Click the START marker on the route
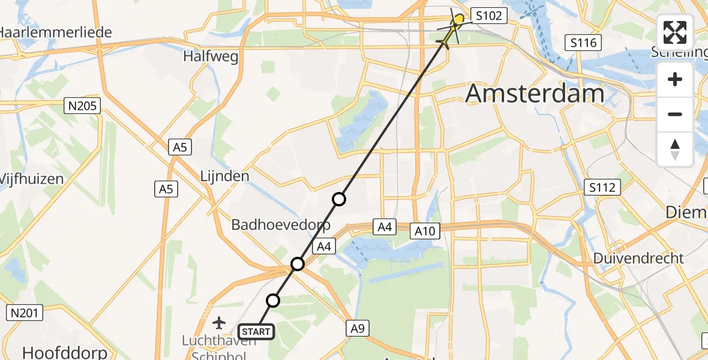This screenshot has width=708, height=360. click(x=256, y=331)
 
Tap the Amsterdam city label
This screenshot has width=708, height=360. click(x=535, y=94)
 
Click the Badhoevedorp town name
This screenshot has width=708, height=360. click(x=281, y=226)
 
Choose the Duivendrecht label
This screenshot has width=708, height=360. click(x=638, y=258)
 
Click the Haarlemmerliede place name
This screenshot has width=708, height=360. click(x=56, y=32)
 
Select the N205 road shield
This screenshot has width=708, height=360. click(x=83, y=106)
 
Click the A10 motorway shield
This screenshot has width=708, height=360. click(x=426, y=230)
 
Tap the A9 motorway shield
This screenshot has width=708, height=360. click(x=357, y=328)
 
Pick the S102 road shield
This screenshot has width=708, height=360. click(x=489, y=16)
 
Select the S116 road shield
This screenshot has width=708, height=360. click(x=583, y=43)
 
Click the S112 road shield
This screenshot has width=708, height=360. click(x=601, y=188)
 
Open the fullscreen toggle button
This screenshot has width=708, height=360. click(x=675, y=32)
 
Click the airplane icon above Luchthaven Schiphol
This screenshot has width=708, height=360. click(x=218, y=323)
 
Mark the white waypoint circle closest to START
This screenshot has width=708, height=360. click(x=273, y=301)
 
